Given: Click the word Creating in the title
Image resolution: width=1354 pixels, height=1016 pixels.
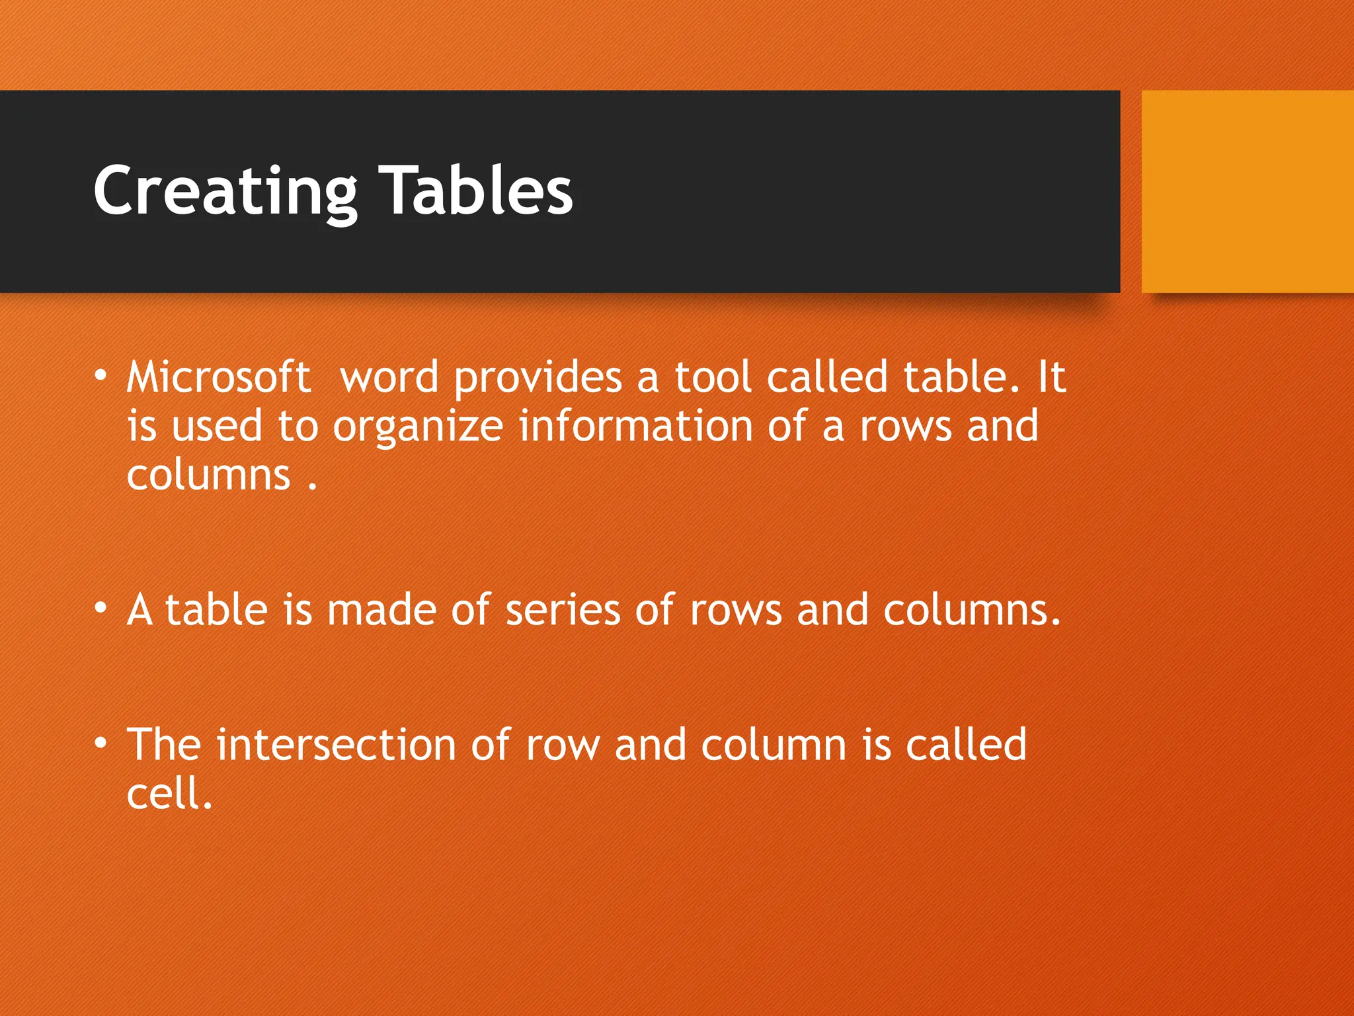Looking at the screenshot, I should pos(225,192).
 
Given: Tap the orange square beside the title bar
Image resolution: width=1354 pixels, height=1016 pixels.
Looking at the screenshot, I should pos(1247,191).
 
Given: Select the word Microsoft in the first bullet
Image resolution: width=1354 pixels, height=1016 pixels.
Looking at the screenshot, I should pos(218,377).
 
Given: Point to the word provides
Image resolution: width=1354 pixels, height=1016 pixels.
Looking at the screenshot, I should pos(538,378).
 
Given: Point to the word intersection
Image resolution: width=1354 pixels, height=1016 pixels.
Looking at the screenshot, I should pos(336,745).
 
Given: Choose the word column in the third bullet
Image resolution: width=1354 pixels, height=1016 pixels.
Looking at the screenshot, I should pos(774,745).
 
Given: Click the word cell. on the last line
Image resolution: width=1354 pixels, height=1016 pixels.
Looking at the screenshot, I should pos(169,794).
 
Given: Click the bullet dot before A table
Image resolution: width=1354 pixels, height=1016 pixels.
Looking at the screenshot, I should pos(100,607).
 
